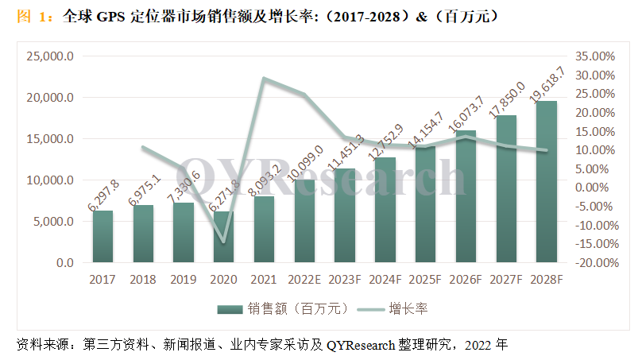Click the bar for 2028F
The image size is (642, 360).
(546, 182)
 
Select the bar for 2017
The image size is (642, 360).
(102, 236)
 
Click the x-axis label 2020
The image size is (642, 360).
(223, 280)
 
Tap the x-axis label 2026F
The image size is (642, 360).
(466, 280)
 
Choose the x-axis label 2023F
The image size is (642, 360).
(344, 280)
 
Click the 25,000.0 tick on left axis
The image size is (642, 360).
(50, 56)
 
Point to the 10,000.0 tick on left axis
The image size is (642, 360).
(50, 180)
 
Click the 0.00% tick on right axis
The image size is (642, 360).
(594, 188)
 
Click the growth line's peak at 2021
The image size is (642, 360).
(264, 79)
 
